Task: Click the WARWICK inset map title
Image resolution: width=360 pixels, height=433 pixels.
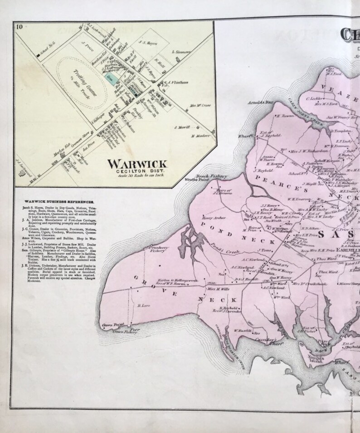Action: tap(137, 164)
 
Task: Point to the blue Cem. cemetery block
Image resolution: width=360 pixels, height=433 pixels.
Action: tap(110, 78)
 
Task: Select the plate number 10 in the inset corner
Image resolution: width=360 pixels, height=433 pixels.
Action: tap(19, 26)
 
